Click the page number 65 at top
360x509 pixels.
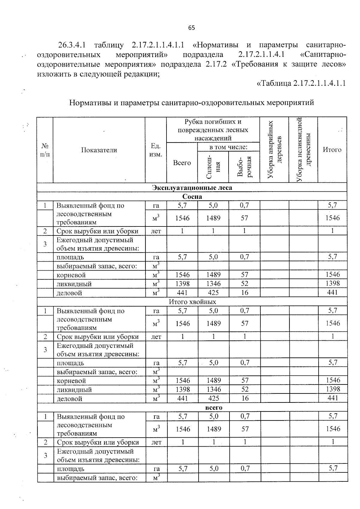(x=191, y=28)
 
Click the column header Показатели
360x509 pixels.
(x=99, y=150)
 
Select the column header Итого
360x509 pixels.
(x=332, y=149)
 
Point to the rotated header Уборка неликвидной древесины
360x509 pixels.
(x=304, y=149)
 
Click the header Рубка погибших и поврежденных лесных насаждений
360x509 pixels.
(x=213, y=130)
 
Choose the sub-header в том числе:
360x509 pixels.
(x=228, y=147)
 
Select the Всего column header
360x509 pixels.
(x=182, y=163)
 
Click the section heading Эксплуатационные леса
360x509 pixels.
(x=192, y=188)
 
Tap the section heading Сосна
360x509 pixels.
(x=192, y=197)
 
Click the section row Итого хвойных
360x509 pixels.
(x=192, y=302)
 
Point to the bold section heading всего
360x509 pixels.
(x=214, y=408)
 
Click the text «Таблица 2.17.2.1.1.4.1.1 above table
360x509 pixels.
(x=301, y=83)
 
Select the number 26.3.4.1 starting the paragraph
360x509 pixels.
(x=72, y=45)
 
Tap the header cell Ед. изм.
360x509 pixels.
(x=156, y=150)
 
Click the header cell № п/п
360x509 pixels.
(x=45, y=150)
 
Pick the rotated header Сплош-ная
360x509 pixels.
(x=213, y=166)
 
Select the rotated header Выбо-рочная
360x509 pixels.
(x=244, y=166)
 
